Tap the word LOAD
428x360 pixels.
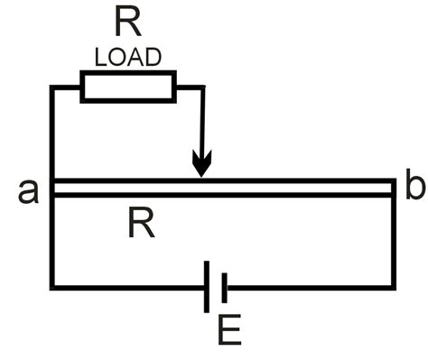pyautogui.click(x=128, y=58)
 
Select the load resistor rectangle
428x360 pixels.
pyautogui.click(x=127, y=88)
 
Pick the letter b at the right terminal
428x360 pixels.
pyautogui.click(x=414, y=188)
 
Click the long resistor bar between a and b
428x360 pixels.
pyautogui.click(x=271, y=188)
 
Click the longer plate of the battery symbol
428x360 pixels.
pyautogui.click(x=209, y=288)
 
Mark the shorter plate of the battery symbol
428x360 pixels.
pyautogui.click(x=222, y=288)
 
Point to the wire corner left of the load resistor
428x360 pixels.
pyautogui.click(x=52, y=88)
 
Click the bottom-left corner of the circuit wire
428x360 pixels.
pyautogui.click(x=52, y=288)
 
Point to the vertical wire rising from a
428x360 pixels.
pyautogui.click(x=52, y=135)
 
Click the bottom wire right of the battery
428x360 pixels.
pyautogui.click(x=307, y=288)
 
